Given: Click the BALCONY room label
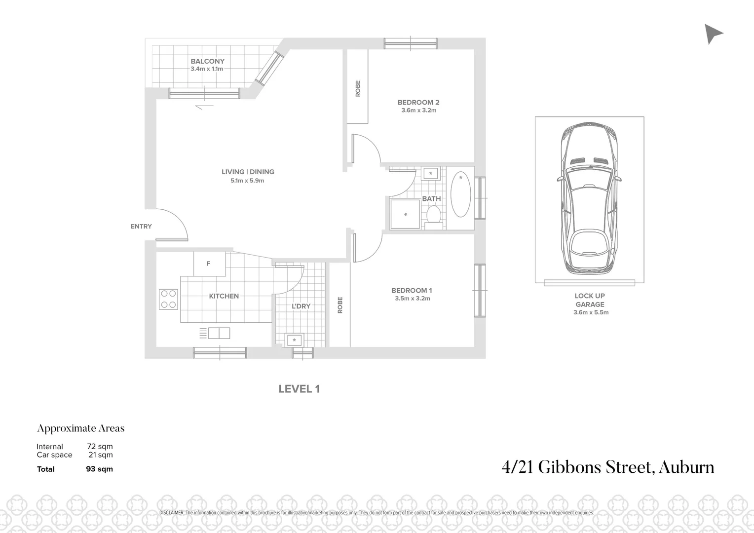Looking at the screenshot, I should click(207, 61).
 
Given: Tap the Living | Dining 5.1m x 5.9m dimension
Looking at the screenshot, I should click(247, 181).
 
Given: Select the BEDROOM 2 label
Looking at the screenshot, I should click(418, 103).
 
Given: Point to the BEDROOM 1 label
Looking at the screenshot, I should click(412, 291).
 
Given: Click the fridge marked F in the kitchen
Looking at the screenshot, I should click(209, 264).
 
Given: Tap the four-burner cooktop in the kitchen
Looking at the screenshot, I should click(168, 299).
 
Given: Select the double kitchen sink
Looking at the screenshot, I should click(219, 333).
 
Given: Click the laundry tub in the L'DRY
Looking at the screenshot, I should click(295, 340).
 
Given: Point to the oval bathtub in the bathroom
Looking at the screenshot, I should click(461, 194).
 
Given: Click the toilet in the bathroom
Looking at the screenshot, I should click(434, 216).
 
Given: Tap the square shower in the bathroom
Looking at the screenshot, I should click(405, 214).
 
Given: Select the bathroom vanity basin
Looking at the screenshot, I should click(431, 173).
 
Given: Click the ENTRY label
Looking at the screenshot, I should click(141, 227).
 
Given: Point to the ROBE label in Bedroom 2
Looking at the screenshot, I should click(358, 88).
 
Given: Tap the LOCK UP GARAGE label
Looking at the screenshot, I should click(590, 300).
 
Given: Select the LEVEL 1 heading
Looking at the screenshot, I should click(299, 389).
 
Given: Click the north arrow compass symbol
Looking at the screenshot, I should click(713, 34).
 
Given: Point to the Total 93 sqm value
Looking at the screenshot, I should click(99, 469).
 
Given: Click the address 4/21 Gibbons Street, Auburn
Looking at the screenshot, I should click(607, 467).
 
